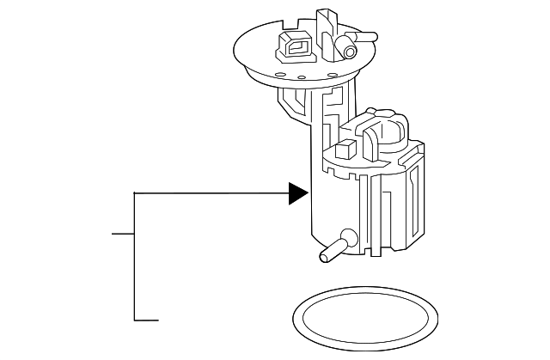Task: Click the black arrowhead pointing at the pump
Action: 297,193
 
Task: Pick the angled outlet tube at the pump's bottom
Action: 334,248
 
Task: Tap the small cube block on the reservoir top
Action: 345,149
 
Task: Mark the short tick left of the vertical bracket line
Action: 123,234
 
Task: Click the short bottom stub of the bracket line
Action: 147,320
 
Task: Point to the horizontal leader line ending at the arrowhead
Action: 211,193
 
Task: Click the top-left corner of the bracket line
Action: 135,193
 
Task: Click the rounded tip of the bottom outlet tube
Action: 325,253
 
